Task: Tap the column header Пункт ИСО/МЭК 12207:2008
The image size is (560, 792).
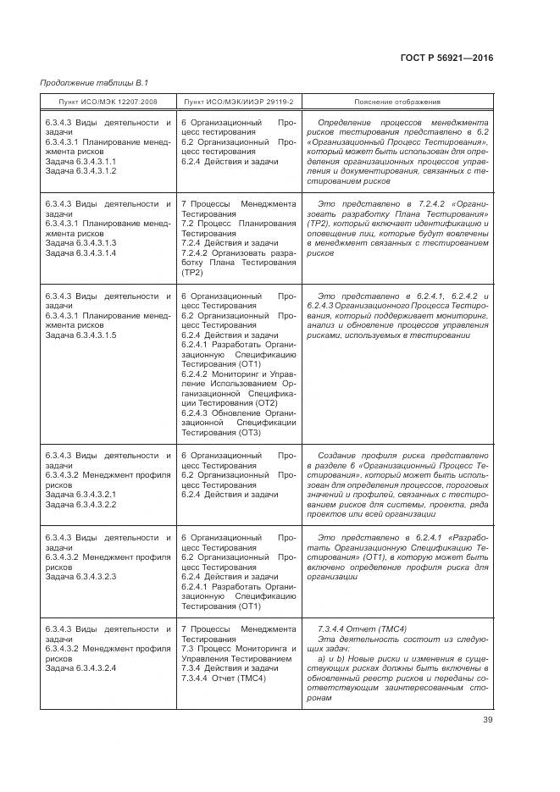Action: (107, 102)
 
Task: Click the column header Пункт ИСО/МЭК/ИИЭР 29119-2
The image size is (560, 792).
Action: (238, 102)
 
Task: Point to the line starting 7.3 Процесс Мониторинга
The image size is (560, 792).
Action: (238, 648)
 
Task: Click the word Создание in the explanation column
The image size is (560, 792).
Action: (341, 455)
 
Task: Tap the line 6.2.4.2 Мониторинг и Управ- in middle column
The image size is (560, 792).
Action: (238, 374)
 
